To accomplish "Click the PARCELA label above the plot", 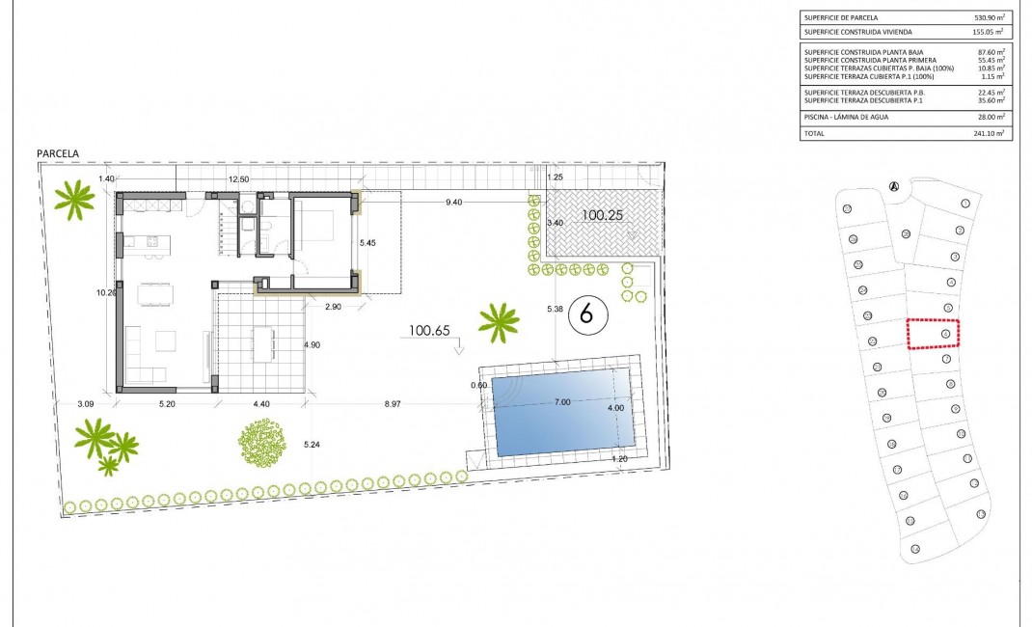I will [57, 153].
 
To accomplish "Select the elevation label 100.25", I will [603, 216].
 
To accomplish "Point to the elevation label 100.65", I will [430, 330].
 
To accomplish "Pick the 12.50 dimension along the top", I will [238, 179].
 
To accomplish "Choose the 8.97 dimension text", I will [392, 404].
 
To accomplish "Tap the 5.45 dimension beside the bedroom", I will [368, 243].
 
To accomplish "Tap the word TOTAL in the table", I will [815, 134].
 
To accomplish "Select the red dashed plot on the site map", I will [937, 334].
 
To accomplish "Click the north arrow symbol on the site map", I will [894, 186].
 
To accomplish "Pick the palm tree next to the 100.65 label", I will [499, 322].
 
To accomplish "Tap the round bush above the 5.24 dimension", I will [263, 443].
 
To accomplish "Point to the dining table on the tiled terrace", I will [262, 343].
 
